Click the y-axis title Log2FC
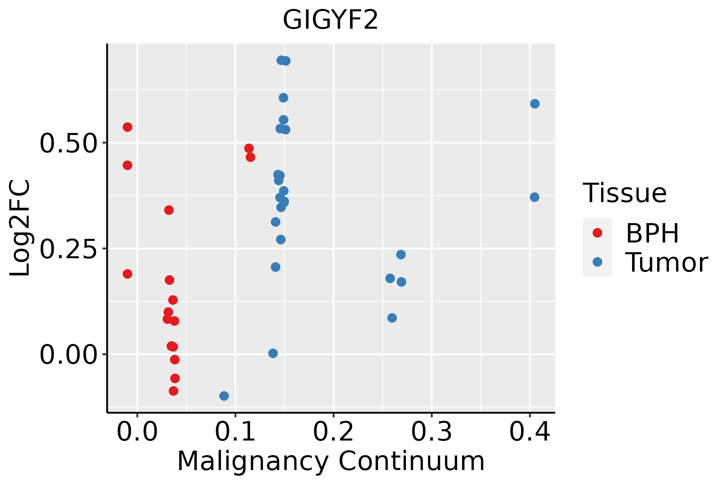coord(20,228)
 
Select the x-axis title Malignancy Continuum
coord(330,461)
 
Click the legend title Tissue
coord(625,193)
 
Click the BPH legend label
coord(652,233)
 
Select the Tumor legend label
coord(666,262)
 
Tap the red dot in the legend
coord(597,233)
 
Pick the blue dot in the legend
coord(597,262)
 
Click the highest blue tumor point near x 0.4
coord(535,104)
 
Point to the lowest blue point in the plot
coord(224,396)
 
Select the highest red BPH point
coord(127,127)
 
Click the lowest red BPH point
coord(174,391)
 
